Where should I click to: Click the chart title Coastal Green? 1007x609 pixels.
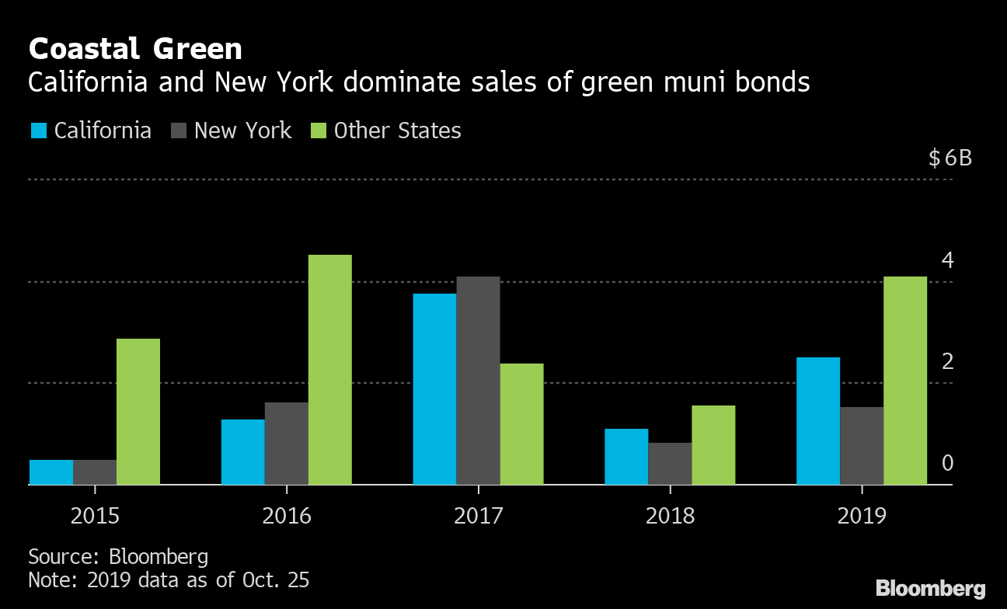pos(135,50)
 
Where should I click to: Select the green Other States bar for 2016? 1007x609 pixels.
pos(329,370)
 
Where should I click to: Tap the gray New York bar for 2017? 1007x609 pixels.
pos(478,381)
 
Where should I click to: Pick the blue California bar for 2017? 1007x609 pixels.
pos(434,389)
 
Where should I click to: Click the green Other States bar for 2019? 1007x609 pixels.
pos(905,381)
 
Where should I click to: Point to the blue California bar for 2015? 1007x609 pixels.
pos(51,472)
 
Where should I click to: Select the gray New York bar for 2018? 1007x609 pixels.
pos(670,464)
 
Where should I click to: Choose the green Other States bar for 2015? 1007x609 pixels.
pos(138,412)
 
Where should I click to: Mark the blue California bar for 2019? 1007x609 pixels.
pos(818,421)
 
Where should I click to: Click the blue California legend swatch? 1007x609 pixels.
pos(39,130)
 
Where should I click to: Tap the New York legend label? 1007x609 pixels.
pos(242,130)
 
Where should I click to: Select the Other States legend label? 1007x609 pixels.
pos(397,130)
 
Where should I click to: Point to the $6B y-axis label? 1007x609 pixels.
pos(950,159)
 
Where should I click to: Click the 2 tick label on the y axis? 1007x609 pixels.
pos(947,362)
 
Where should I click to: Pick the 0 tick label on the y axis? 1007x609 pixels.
pos(947,464)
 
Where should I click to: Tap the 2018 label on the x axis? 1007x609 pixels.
pos(670,515)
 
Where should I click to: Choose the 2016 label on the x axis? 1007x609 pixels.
pos(287,515)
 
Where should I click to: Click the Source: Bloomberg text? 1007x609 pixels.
pos(118,556)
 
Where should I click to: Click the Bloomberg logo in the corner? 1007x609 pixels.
pos(930,588)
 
